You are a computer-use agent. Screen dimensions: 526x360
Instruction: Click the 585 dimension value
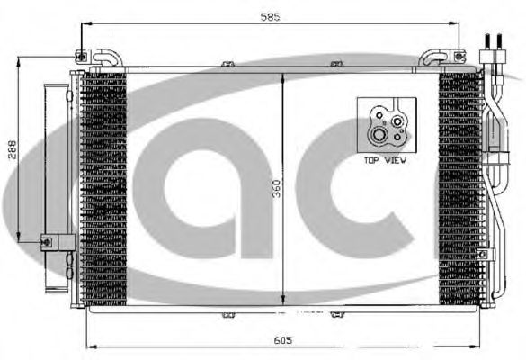pyautogui.click(x=270, y=17)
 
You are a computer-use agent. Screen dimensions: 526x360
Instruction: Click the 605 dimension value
pyautogui.click(x=283, y=340)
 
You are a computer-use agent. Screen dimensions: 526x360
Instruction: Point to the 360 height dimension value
pyautogui.click(x=276, y=189)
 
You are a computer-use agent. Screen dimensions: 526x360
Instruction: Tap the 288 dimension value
pyautogui.click(x=12, y=149)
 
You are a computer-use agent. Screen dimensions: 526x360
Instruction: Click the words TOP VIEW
pyautogui.click(x=385, y=160)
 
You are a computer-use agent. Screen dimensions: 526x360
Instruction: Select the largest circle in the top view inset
pyautogui.click(x=379, y=135)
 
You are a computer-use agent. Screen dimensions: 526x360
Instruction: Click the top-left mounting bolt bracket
pyautogui.click(x=82, y=57)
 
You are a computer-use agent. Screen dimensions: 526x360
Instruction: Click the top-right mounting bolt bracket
pyautogui.click(x=459, y=57)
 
